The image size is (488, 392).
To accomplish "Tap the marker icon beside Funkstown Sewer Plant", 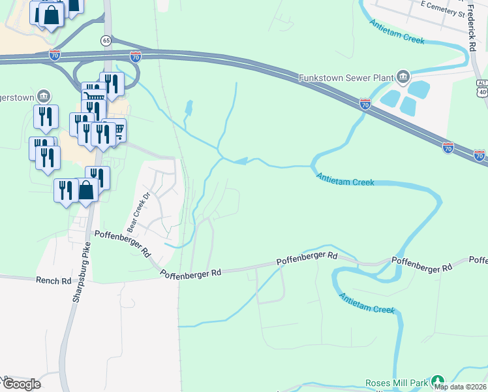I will tap(403, 78).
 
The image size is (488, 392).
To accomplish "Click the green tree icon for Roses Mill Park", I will tap(438, 381).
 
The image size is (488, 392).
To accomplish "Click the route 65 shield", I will tap(106, 41).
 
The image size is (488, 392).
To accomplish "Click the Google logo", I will tap(21, 384).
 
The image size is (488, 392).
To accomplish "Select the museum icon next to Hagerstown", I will tap(44, 95).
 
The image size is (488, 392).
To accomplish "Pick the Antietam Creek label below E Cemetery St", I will tap(397, 32).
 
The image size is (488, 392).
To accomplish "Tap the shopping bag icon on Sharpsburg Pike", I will tap(86, 191).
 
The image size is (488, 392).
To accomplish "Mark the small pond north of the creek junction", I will tap(189, 106).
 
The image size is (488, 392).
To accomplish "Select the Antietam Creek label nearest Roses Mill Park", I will tap(367, 304).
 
